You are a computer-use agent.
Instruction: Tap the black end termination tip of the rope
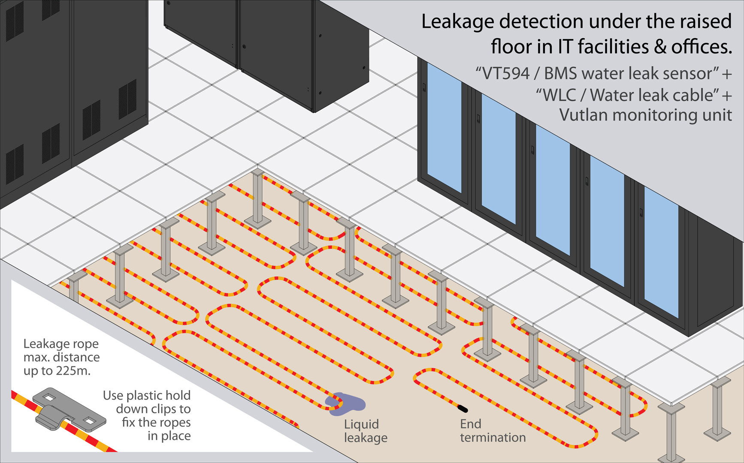point(463,408)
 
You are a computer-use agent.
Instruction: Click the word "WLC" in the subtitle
point(560,95)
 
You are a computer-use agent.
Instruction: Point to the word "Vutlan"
point(583,115)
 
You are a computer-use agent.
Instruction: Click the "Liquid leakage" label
point(365,431)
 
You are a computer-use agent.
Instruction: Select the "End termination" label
point(492,431)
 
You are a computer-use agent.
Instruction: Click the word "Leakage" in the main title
point(458,21)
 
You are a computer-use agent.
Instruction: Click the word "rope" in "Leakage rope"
point(85,344)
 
